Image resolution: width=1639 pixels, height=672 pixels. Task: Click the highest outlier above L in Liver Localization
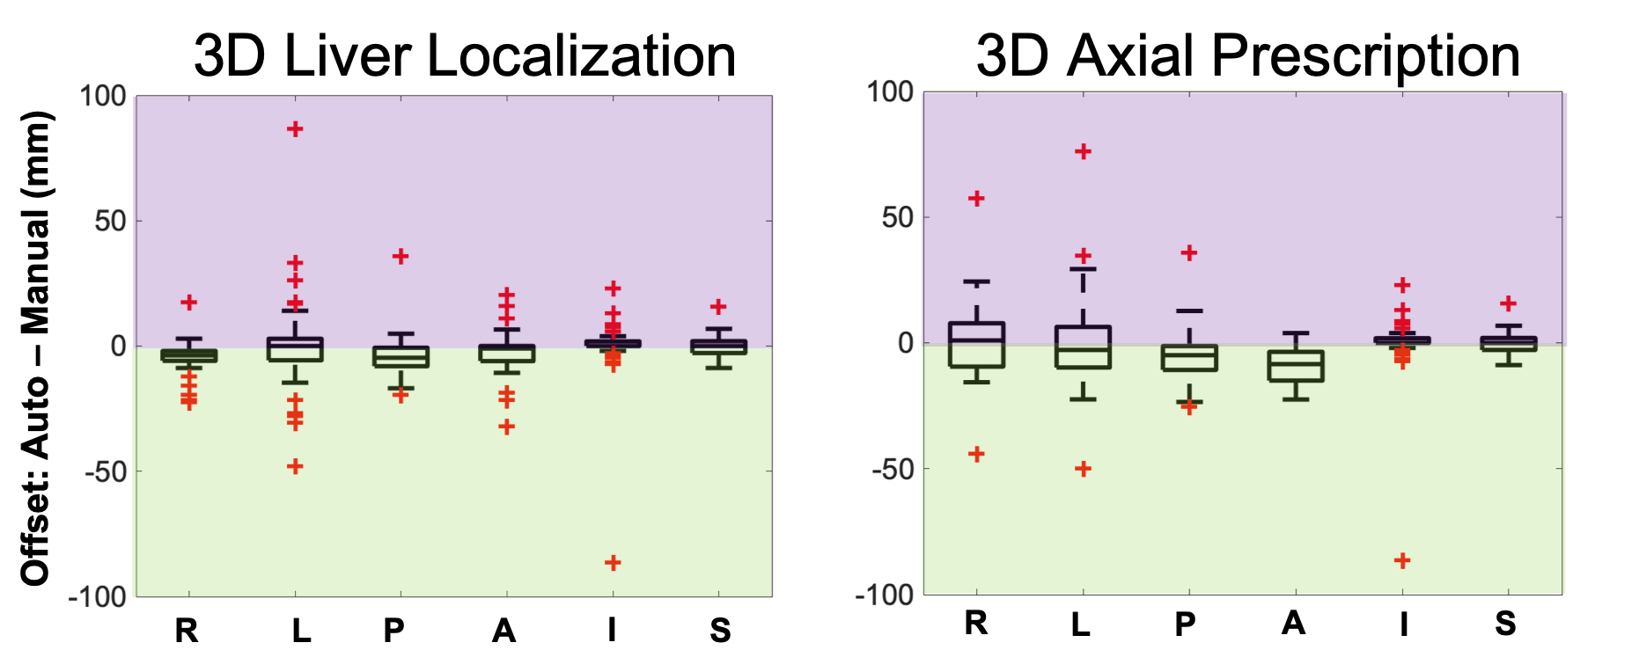coord(295,129)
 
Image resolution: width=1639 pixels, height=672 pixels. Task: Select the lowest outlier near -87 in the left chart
coord(613,562)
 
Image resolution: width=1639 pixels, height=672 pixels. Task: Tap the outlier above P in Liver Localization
coord(401,257)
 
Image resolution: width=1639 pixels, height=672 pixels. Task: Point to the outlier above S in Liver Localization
coord(718,307)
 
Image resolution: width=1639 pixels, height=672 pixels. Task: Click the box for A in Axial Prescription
coord(1296,366)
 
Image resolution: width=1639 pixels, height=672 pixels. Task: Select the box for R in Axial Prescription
coord(977,345)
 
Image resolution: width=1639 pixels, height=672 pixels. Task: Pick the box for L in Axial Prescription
coord(1083,347)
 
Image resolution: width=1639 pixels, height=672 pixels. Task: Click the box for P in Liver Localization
coord(401,356)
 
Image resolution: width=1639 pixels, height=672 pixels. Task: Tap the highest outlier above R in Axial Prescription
coord(977,199)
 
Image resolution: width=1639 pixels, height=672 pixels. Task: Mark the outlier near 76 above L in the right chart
coord(1083,152)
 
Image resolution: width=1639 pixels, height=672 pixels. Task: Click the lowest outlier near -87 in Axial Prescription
coord(1402,560)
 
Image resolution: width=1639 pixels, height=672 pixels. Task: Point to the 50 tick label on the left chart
coord(111,221)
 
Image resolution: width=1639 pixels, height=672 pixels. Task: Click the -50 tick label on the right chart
coord(893,470)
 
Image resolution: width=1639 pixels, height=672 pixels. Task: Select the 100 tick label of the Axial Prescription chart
coord(890,92)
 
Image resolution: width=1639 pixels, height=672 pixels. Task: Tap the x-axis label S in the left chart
coord(720,631)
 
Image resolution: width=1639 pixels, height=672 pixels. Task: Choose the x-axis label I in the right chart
coord(1404,624)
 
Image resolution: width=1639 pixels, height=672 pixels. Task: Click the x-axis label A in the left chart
coord(503,631)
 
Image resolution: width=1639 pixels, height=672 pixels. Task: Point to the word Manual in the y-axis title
coord(35,272)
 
